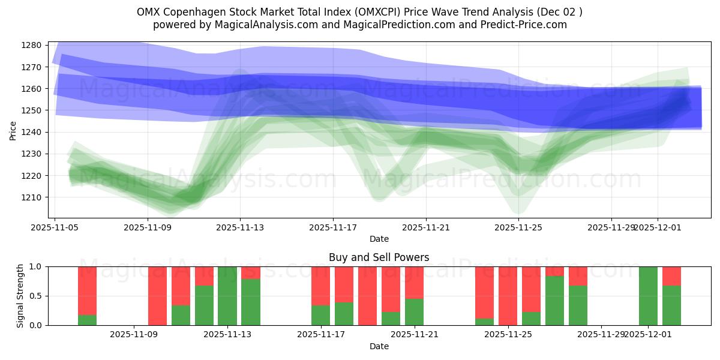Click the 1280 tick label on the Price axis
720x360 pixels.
point(31,46)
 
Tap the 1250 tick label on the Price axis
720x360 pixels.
point(31,110)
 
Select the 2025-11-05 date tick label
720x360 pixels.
point(55,227)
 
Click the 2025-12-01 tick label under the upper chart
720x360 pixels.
point(658,227)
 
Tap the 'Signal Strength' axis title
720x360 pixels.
point(20,296)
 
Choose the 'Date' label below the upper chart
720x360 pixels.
point(379,239)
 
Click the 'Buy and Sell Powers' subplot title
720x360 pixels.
point(379,257)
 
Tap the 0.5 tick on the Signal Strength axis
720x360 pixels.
point(36,296)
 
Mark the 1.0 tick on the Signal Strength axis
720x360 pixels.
point(36,266)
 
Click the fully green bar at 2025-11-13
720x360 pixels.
point(227,296)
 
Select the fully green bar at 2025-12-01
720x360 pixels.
point(648,296)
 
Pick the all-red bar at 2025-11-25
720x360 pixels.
point(508,296)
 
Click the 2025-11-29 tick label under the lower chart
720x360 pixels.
point(601,335)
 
